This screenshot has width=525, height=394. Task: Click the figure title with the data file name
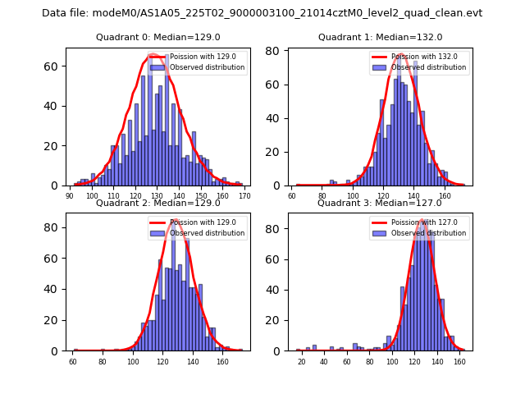point(262,13)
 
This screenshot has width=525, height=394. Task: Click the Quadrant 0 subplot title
point(157,37)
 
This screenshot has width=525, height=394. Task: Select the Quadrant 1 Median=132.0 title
point(380,37)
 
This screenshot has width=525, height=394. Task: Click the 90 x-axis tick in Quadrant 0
point(70,195)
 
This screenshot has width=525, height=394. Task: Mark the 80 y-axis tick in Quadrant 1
point(278,51)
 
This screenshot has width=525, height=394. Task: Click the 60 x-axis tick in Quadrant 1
point(292,196)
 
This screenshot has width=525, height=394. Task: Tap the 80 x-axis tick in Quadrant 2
point(103,361)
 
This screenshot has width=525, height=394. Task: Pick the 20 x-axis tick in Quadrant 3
point(301,361)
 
